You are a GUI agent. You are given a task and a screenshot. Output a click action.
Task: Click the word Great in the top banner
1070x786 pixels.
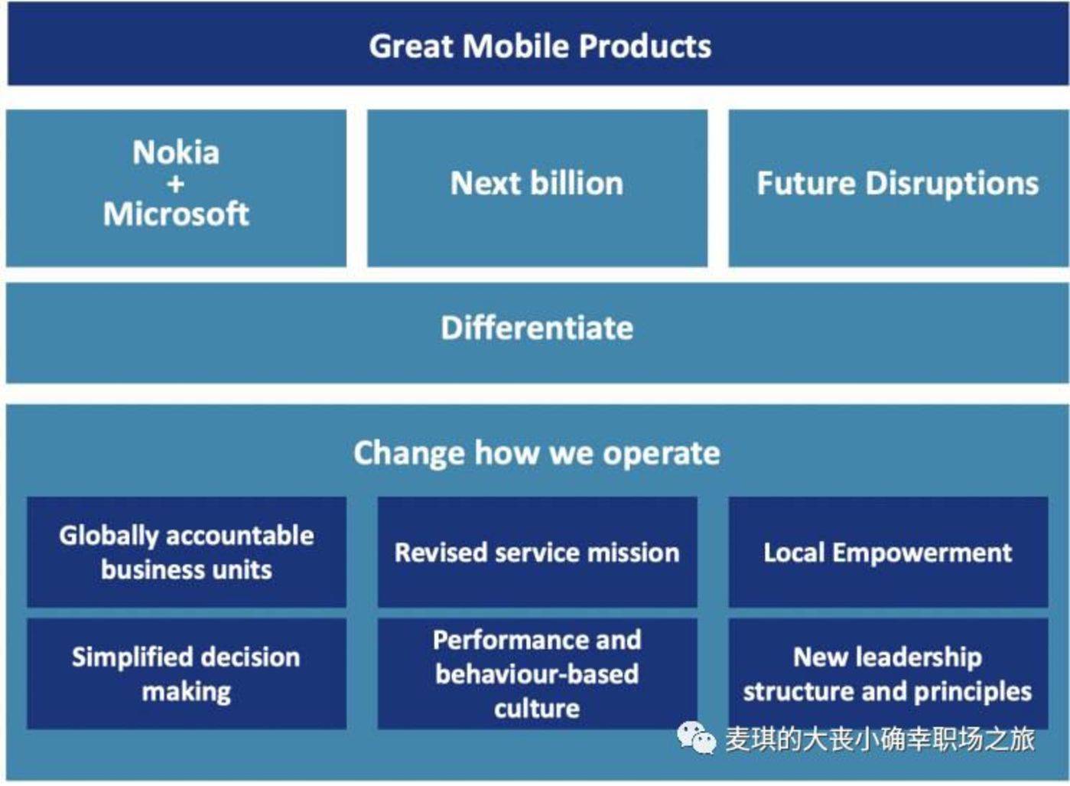411,47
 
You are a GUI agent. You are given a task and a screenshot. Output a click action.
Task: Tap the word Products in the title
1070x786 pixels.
645,47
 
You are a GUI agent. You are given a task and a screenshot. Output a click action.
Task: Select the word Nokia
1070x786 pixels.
176,152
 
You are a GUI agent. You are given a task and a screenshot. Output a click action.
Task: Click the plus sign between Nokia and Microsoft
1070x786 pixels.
176,184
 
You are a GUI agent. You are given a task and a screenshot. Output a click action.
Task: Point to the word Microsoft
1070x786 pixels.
176,214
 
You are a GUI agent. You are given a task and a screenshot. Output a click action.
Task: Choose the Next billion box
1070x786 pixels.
538,188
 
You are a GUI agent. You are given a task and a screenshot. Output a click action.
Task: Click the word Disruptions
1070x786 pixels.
952,184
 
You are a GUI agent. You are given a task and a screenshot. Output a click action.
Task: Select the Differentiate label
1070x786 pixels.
537,328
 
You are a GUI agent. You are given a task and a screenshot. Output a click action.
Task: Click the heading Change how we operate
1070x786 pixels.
537,453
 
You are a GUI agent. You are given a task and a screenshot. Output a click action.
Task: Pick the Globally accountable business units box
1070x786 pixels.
187,553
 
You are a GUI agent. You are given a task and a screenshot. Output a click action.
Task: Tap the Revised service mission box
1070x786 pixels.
538,553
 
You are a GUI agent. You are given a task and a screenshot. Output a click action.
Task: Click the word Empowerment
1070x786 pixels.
922,553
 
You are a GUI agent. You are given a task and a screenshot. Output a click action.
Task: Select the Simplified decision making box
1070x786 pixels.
187,674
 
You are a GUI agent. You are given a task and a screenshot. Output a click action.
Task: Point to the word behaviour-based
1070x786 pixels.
537,674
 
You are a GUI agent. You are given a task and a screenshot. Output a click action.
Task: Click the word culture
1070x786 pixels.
537,709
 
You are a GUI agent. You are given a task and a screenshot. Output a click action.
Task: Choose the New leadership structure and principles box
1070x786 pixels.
889,674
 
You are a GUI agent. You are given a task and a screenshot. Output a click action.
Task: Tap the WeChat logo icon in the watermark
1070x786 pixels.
697,739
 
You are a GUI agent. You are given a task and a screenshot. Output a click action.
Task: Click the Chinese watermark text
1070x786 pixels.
880,739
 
